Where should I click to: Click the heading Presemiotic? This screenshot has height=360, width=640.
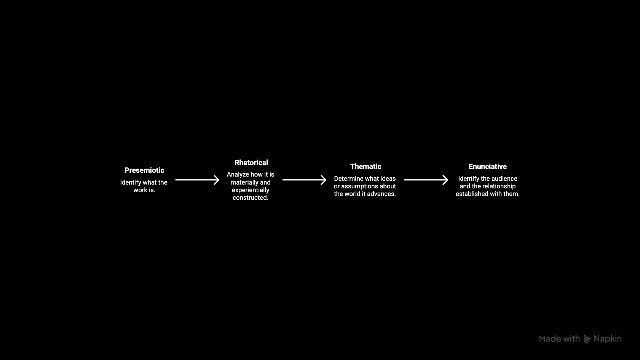[144, 170]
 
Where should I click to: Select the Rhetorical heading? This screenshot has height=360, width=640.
[251, 163]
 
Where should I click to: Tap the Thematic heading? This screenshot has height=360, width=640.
[366, 166]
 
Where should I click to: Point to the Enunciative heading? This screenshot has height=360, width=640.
[487, 166]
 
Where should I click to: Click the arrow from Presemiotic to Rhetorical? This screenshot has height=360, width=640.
[197, 180]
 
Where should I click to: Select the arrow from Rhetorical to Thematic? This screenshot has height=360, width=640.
[304, 180]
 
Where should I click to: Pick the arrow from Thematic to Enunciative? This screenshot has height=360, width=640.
[426, 180]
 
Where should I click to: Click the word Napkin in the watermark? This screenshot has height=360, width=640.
[607, 339]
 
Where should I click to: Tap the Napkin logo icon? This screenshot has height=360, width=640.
[587, 339]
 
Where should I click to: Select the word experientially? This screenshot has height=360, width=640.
[250, 190]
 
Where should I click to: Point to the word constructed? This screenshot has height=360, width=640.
[250, 198]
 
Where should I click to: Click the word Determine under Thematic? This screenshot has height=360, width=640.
[348, 179]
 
